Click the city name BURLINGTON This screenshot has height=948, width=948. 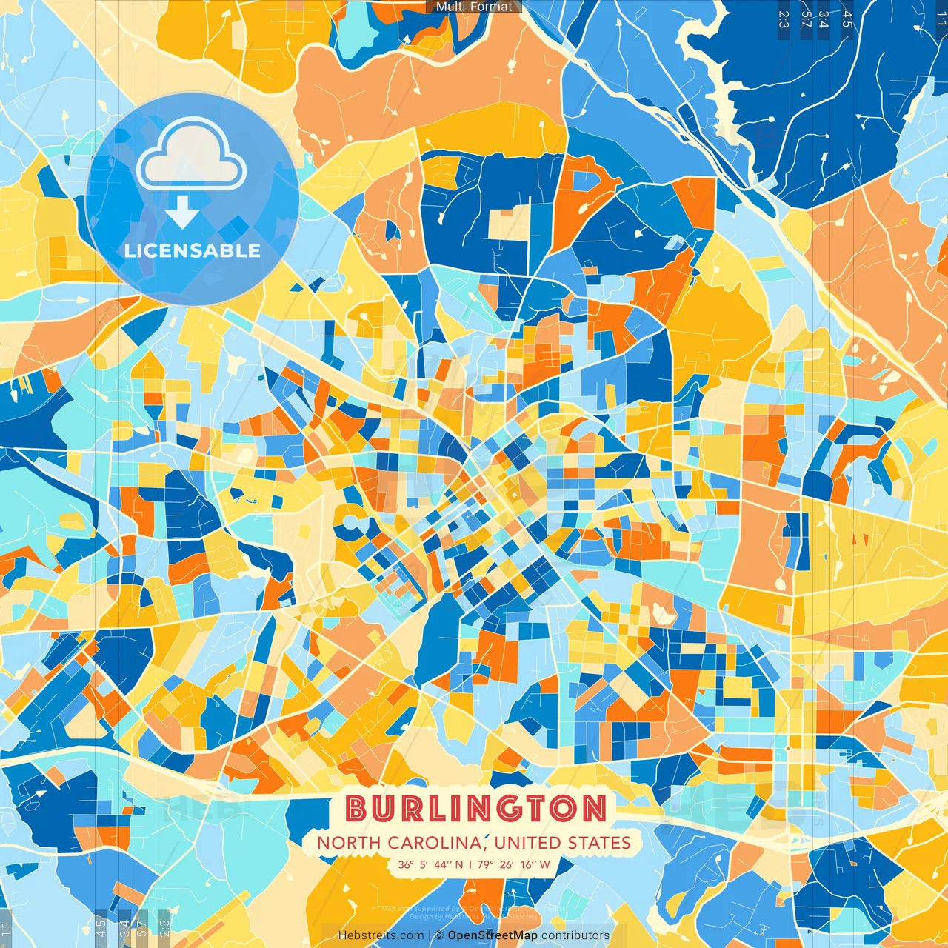476,809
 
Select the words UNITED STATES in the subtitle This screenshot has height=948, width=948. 563,843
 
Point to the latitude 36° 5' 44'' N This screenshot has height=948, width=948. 430,864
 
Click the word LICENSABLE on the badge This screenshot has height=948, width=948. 193,250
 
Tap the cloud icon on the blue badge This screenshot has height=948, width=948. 191,156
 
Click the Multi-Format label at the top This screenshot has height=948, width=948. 474,7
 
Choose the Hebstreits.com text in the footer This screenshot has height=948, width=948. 381,935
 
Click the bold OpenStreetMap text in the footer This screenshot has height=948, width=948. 492,935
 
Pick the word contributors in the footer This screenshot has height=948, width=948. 575,935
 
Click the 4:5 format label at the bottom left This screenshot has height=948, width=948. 101,927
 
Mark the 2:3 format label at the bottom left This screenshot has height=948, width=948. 164,927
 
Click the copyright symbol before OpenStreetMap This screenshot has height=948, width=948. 439,935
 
